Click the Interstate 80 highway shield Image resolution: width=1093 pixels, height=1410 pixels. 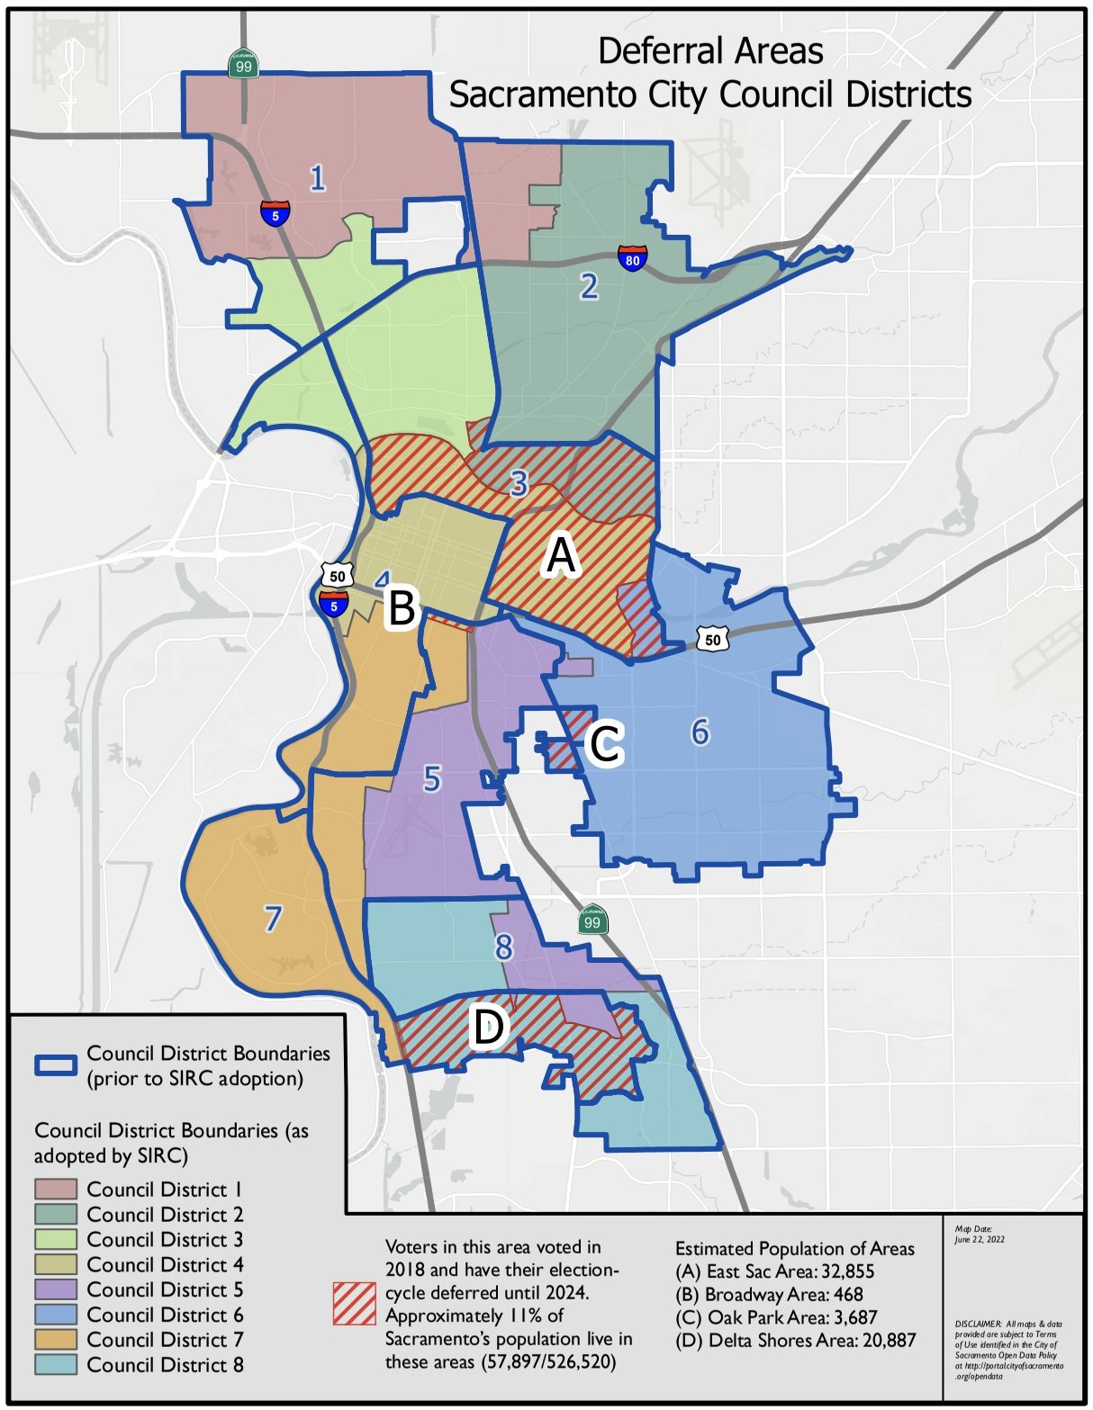[632, 257]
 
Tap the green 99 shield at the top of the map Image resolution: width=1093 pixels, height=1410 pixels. [242, 63]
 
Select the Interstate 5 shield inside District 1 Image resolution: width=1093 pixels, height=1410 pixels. [275, 212]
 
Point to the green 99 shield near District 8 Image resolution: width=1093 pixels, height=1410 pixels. [592, 920]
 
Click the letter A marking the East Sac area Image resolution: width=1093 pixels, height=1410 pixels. [561, 556]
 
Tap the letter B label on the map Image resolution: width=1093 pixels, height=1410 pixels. [402, 608]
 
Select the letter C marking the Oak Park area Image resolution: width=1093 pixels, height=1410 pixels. [603, 744]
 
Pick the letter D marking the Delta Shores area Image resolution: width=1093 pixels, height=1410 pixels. [488, 1028]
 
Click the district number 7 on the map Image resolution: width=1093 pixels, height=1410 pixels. [273, 919]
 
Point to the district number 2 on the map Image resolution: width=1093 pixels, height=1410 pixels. [589, 286]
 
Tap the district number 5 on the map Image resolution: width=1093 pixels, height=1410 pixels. [432, 778]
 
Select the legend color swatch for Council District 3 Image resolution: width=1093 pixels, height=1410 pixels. [56, 1240]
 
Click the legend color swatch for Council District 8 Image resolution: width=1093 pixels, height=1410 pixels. [56, 1365]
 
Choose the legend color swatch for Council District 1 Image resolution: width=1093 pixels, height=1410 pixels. [56, 1190]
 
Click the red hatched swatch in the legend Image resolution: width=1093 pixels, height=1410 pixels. [354, 1303]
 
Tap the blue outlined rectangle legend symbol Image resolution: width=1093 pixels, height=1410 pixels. [56, 1065]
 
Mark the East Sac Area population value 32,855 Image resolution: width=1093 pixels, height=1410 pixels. [845, 1271]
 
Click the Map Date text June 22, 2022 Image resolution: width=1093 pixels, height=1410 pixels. [980, 1239]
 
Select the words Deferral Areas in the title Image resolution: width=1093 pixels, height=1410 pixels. [710, 51]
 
